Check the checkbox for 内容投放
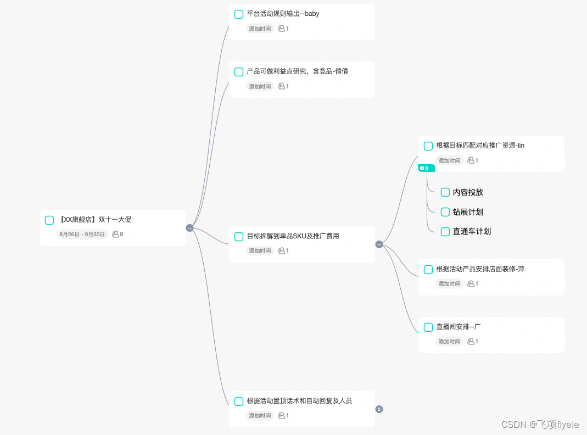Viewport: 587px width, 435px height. pos(445,192)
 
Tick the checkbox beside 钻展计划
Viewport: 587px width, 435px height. pos(445,212)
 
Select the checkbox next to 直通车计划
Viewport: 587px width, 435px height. pos(445,231)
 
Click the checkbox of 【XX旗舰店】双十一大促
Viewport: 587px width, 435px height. pos(49,220)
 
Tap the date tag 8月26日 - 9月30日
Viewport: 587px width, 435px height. pos(81,235)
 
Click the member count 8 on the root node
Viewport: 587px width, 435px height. pos(118,235)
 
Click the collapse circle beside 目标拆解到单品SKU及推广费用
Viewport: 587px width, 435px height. pos(379,244)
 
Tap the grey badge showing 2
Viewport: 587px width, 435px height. pos(379,409)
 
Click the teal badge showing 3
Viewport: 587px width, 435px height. pos(425,168)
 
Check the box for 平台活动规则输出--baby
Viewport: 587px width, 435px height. pos(239,14)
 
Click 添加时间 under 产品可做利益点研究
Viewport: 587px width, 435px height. pos(260,86)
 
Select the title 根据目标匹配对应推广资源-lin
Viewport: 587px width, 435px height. pos(480,146)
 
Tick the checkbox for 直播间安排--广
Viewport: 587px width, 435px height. pos(428,327)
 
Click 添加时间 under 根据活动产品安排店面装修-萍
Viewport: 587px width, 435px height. pos(449,284)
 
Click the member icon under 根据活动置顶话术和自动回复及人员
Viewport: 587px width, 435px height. pos(282,416)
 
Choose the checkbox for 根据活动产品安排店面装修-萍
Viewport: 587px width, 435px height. pos(428,270)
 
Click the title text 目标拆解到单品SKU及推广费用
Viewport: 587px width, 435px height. pos(293,236)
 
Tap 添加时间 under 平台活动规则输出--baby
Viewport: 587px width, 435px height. pos(260,29)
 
